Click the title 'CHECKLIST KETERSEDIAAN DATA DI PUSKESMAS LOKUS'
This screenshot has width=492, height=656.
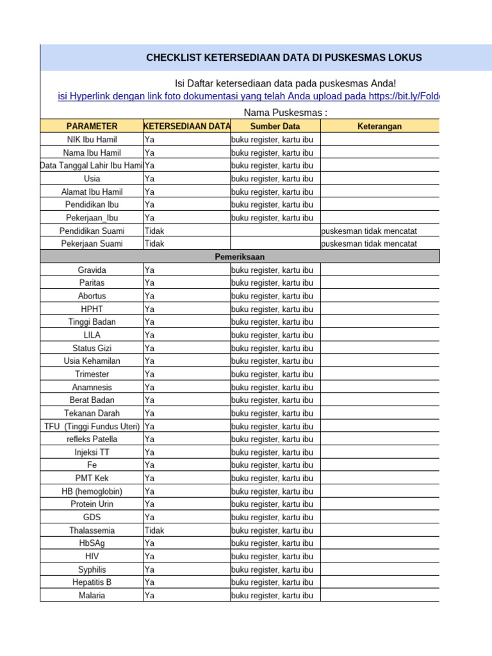tap(284, 58)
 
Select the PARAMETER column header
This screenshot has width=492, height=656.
tap(91, 126)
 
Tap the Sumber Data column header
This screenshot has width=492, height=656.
tap(275, 126)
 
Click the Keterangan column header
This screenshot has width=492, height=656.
tap(379, 126)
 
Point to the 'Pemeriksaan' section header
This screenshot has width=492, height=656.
tap(240, 257)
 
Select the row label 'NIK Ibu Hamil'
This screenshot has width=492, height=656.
tap(92, 140)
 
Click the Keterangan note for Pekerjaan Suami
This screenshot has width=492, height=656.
tap(369, 243)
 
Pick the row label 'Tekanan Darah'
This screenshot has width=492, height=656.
tap(92, 413)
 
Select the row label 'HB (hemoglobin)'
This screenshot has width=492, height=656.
tap(92, 491)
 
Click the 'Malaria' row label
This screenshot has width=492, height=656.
tap(92, 595)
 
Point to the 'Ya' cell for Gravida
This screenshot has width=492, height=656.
tap(149, 270)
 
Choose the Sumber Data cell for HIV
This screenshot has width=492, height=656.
tap(272, 556)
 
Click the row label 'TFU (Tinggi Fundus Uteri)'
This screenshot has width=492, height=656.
tap(92, 426)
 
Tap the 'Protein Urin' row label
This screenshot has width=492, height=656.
tap(92, 504)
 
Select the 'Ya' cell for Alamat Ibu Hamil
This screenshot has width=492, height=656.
tap(149, 192)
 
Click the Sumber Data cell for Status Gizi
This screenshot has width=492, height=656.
tap(272, 348)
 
